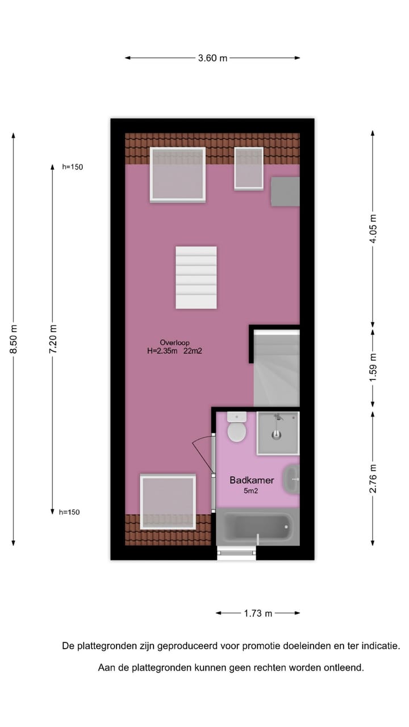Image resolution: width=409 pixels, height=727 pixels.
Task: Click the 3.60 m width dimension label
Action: (x=212, y=58)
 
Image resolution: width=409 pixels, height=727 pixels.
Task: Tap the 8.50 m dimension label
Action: (x=14, y=339)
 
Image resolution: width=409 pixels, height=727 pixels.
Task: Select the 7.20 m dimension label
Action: (x=53, y=339)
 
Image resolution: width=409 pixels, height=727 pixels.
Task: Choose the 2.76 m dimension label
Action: (x=373, y=478)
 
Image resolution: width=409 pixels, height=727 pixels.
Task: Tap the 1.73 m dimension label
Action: (x=258, y=613)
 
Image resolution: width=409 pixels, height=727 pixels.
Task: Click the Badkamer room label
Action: (x=252, y=480)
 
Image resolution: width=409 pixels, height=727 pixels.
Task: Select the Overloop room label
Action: (x=174, y=342)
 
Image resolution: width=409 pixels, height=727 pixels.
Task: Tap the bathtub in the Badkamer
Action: (x=256, y=528)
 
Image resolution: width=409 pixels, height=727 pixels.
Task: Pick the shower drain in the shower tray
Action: (x=277, y=435)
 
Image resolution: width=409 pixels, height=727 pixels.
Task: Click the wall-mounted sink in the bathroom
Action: (x=292, y=479)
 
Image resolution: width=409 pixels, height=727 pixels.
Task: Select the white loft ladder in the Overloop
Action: (x=196, y=277)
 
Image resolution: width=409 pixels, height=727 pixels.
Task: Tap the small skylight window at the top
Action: (x=249, y=168)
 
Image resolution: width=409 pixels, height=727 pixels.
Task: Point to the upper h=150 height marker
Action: (x=73, y=167)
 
